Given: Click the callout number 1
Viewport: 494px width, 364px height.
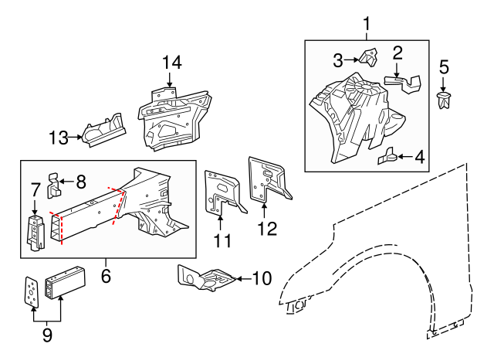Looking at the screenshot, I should (x=366, y=23).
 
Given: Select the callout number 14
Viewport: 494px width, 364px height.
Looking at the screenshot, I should (x=172, y=63).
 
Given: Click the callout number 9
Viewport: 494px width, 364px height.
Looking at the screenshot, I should (x=47, y=335).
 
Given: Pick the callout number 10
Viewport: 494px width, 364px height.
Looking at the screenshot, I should (x=262, y=277).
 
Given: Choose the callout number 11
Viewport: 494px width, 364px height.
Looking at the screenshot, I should (x=222, y=241).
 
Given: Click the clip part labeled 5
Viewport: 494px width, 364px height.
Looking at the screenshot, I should (x=444, y=100).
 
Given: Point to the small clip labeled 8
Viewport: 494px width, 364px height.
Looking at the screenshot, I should (x=53, y=182).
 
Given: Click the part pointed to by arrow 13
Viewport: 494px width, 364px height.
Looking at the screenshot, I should (x=102, y=130).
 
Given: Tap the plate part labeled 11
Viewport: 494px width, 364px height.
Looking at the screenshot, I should (x=221, y=193).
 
